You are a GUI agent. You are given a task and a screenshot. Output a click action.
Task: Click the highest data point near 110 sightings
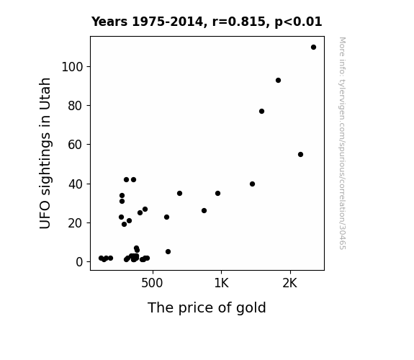point(313,48)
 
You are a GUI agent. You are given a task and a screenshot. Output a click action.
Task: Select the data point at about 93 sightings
point(278,81)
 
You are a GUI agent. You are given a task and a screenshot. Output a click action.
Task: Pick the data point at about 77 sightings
point(261,111)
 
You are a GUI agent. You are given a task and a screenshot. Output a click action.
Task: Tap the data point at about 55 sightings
point(300,155)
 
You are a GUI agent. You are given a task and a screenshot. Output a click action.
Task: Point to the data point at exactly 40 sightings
point(252,184)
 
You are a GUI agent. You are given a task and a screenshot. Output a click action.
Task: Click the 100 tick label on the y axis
point(72,67)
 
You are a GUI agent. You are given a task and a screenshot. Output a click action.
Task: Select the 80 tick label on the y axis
point(76,106)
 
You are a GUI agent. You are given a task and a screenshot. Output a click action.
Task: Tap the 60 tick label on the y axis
point(76,145)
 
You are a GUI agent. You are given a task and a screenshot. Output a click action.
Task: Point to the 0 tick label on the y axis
point(79,262)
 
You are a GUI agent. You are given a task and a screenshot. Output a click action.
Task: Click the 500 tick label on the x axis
point(152,283)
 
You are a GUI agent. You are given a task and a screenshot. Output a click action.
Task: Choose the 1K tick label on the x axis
point(221,283)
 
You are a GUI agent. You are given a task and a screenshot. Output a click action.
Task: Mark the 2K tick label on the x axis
point(289,283)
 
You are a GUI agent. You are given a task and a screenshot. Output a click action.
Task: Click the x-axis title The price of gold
point(207,307)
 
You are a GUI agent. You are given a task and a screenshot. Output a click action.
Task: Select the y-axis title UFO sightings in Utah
point(45,153)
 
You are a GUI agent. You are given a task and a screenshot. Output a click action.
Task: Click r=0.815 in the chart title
point(239,22)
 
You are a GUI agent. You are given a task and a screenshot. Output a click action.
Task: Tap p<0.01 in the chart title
point(298,22)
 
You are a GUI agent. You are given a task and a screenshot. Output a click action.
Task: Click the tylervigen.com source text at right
point(342,143)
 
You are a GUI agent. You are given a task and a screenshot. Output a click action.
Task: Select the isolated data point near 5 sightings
point(168,252)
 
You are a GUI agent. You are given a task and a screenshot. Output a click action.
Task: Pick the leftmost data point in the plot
point(101,258)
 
